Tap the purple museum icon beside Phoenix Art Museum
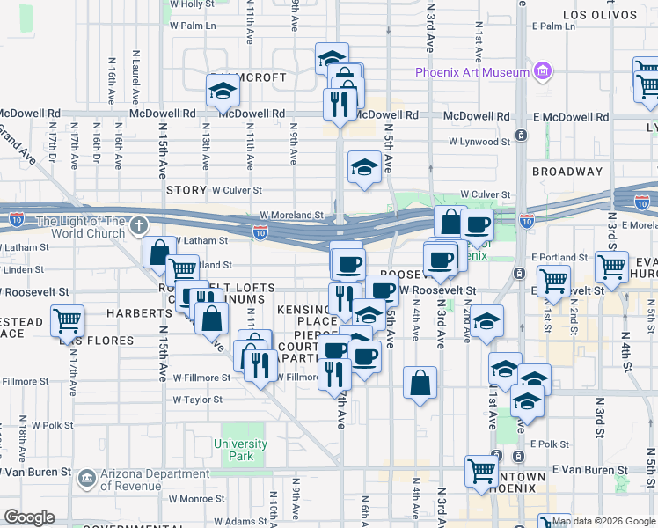point(543,71)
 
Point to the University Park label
point(240,450)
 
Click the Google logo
point(29,517)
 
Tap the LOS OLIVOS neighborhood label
point(600,15)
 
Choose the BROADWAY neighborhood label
point(567,172)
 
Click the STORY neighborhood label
point(186,189)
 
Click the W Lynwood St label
point(479,141)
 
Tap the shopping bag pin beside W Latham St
point(159,253)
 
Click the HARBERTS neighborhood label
point(138,312)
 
